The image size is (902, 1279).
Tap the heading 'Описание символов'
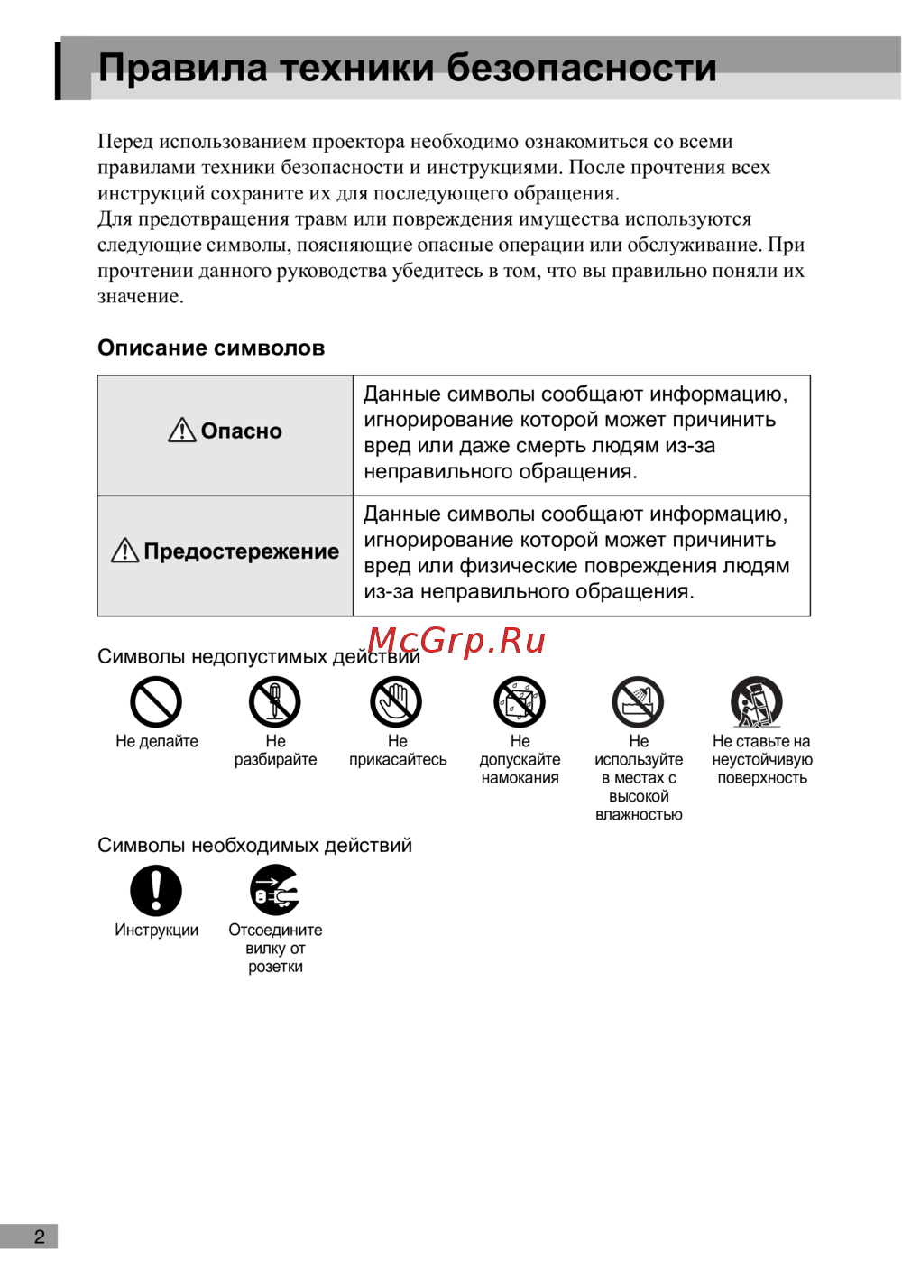click(211, 348)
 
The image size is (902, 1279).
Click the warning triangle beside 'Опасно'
click(182, 431)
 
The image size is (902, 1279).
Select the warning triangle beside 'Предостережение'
click(124, 551)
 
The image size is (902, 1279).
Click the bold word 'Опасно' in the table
click(242, 431)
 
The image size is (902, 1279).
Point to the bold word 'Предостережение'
click(242, 551)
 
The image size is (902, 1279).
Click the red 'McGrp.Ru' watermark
click(456, 641)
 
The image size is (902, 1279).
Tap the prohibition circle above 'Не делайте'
click(156, 702)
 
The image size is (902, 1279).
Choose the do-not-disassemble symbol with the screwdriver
click(275, 702)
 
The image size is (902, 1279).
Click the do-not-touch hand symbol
click(397, 702)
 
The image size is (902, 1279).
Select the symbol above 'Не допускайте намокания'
click(520, 702)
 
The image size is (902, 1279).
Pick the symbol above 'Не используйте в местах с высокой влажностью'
click(639, 702)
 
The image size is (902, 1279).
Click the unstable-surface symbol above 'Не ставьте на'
click(757, 702)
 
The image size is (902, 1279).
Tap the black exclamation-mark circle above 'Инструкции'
click(156, 891)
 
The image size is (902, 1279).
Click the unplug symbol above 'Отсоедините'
click(275, 891)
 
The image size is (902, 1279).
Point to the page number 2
click(39, 1237)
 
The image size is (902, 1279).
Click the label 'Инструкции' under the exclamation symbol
click(156, 931)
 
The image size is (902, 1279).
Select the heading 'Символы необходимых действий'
click(254, 846)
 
